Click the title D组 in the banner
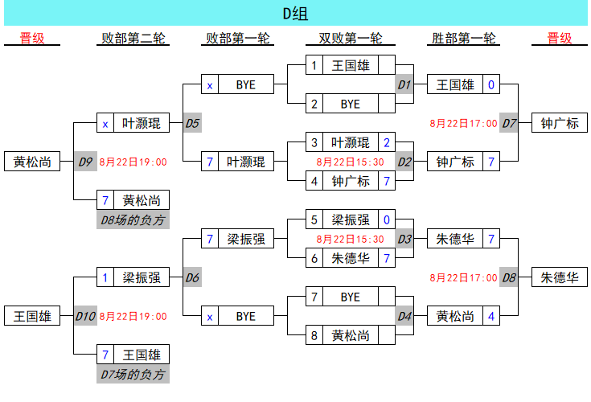(x=295, y=14)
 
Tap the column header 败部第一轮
(x=238, y=39)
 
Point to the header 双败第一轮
(x=350, y=39)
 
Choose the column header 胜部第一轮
(x=463, y=39)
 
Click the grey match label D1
(x=404, y=84)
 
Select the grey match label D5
(x=192, y=123)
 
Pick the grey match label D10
(x=86, y=316)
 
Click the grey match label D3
(x=404, y=239)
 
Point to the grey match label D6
(x=192, y=277)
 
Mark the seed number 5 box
(x=315, y=219)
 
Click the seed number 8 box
(x=315, y=335)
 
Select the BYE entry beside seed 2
(x=351, y=104)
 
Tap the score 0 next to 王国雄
(x=491, y=84)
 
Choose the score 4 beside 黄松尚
(x=491, y=316)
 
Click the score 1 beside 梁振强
(x=105, y=277)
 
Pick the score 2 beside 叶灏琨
(x=387, y=142)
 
